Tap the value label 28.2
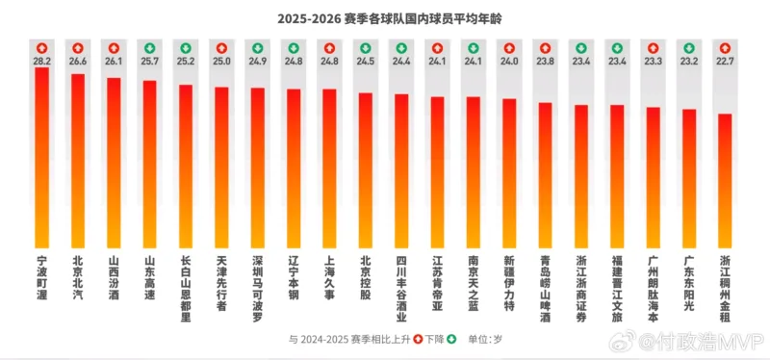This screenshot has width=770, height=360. tap(42, 61)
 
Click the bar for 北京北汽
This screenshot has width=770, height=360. tap(78, 160)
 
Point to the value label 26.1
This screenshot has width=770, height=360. tap(114, 61)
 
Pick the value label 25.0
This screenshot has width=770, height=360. tap(221, 61)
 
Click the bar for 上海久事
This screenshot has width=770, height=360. tap(329, 167)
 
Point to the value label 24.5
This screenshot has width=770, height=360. tap(365, 61)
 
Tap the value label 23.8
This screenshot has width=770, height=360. tap(545, 61)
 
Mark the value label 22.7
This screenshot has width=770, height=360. tap(725, 61)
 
